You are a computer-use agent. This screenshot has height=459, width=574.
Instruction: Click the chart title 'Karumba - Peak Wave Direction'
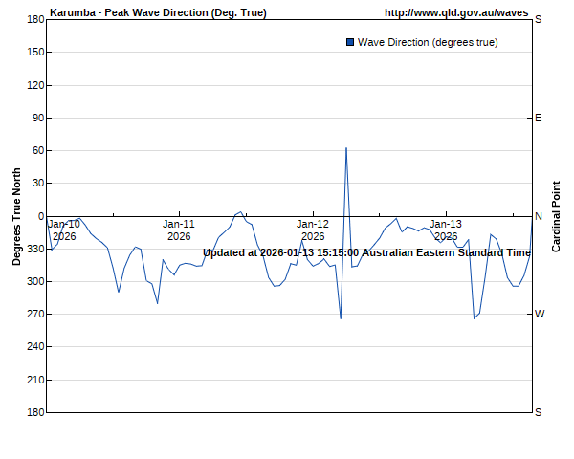tap(158, 12)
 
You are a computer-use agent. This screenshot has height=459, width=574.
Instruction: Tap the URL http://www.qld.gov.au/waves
tap(455, 12)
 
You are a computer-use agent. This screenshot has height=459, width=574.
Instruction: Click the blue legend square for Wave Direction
tap(349, 42)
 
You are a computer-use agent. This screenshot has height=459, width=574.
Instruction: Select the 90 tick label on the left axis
tap(37, 118)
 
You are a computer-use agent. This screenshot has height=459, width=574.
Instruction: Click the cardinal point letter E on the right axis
tap(538, 118)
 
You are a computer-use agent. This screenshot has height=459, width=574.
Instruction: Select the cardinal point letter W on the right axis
tap(539, 314)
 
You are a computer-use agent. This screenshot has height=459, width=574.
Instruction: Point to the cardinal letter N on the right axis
tap(538, 216)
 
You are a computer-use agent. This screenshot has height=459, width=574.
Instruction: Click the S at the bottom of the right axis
tap(538, 412)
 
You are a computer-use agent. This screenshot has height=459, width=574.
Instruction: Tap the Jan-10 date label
tap(64, 224)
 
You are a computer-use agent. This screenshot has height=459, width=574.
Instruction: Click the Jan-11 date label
tap(179, 224)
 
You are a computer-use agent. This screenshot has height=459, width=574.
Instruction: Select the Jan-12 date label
tap(313, 224)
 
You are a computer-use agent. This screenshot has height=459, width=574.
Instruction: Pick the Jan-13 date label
tap(446, 224)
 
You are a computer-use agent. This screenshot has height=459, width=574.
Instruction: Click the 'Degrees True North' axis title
tap(16, 216)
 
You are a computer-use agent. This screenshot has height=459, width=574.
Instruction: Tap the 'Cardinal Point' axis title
tap(556, 216)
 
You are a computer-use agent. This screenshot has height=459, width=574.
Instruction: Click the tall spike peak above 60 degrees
tap(345, 148)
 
